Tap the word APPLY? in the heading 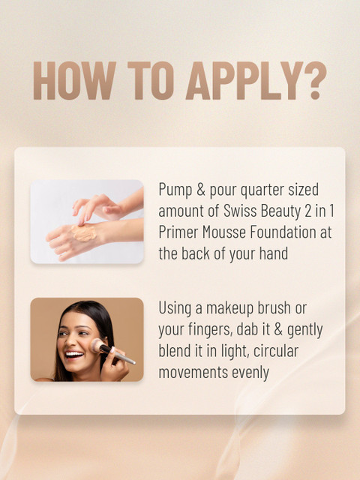(x=256, y=80)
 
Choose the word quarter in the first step (x=262, y=190)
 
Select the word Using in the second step (x=175, y=308)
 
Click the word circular (x=276, y=351)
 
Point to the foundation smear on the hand (x=83, y=232)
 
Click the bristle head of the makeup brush (x=97, y=345)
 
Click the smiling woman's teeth (x=74, y=355)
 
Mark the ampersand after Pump (x=201, y=190)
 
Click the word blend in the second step (x=173, y=351)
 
